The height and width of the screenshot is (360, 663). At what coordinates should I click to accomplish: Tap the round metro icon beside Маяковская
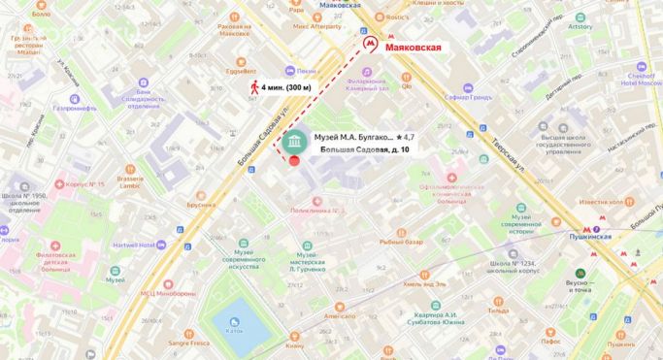tap(368, 45)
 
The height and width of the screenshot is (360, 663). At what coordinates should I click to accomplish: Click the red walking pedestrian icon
tap(255, 87)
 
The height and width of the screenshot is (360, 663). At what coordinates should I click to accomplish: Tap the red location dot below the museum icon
tap(294, 160)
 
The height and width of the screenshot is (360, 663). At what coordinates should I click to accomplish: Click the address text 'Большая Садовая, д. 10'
tap(364, 150)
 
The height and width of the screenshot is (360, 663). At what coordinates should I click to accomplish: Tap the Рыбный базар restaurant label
tap(401, 242)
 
